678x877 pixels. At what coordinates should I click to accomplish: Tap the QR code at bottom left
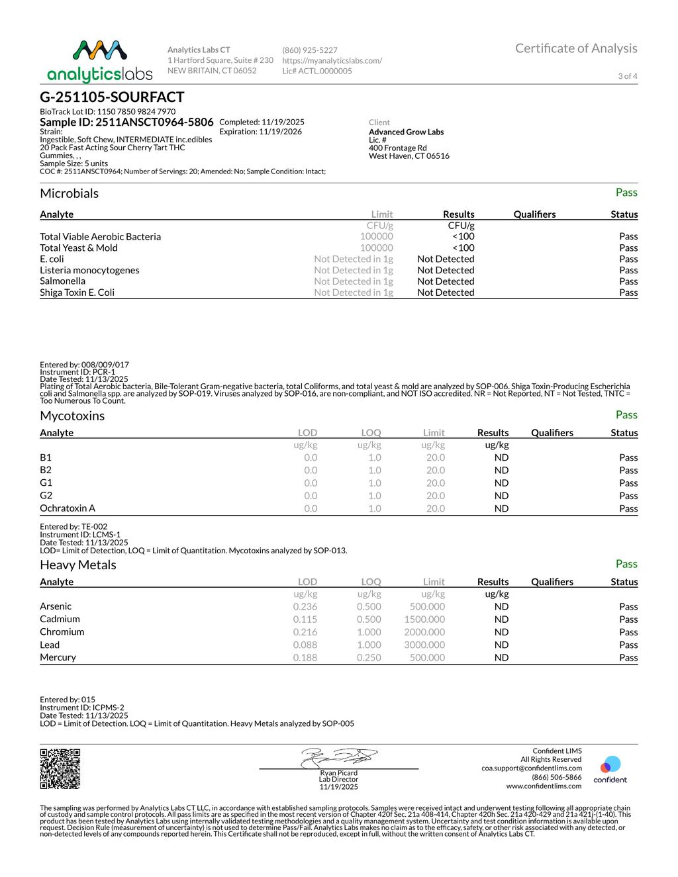[x=60, y=768]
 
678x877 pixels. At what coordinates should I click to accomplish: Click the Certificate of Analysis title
[x=576, y=48]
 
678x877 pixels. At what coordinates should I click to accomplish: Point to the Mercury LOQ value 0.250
[x=369, y=657]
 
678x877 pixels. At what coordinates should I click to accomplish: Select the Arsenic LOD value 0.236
[x=305, y=606]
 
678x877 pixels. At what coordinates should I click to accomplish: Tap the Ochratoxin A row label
[x=68, y=508]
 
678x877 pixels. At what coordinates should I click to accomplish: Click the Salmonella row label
[x=62, y=281]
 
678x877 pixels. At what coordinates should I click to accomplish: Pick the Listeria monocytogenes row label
[x=89, y=270]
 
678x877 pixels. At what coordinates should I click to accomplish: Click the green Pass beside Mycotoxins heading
[x=626, y=415]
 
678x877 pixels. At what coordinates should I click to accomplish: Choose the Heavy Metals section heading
[x=78, y=565]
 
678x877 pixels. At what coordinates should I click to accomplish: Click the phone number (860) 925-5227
[x=310, y=50]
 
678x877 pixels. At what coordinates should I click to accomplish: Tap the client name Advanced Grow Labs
[x=406, y=132]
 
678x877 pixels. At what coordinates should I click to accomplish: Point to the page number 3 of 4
[x=628, y=76]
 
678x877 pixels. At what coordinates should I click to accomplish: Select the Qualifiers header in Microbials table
[x=534, y=214]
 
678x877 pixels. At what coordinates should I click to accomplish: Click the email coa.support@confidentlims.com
[x=532, y=768]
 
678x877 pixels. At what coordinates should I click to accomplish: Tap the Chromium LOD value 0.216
[x=305, y=632]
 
